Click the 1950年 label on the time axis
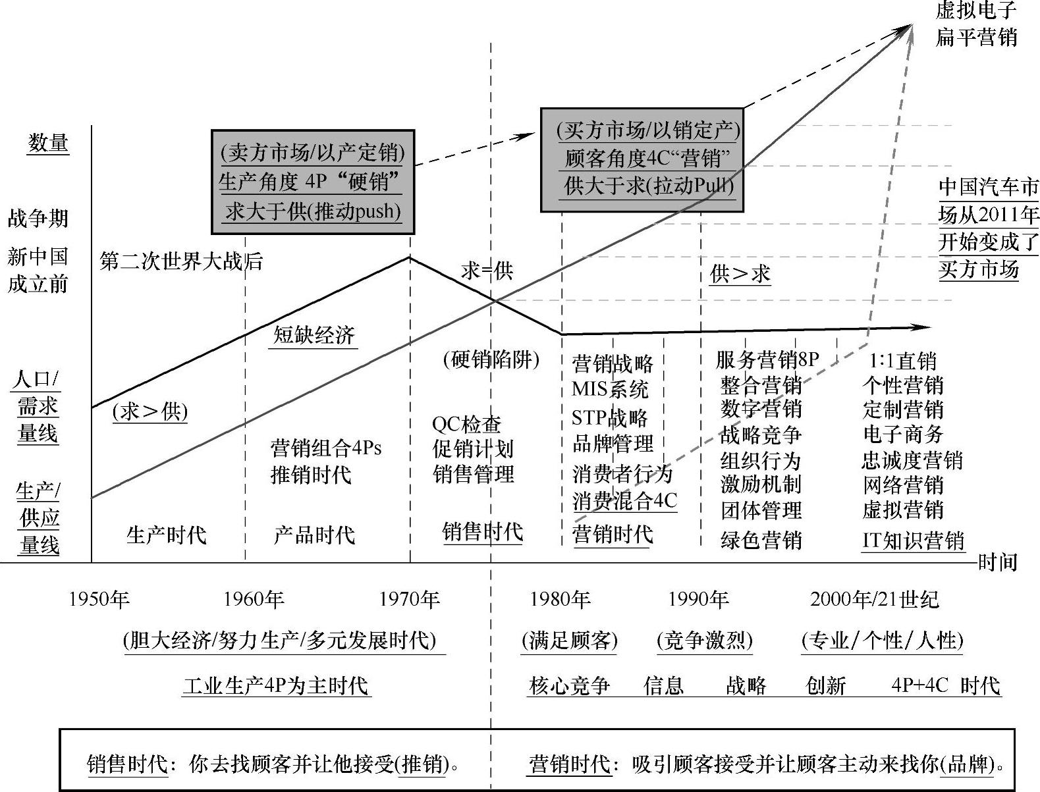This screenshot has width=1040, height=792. coord(99,599)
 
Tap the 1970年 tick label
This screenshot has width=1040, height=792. coord(409,599)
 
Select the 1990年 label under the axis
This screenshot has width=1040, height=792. coord(698,599)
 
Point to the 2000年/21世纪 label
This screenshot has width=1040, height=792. coord(874,599)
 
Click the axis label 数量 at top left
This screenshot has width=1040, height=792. coord(48,143)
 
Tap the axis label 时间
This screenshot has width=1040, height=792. coord(998,562)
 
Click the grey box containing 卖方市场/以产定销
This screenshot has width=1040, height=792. coord(313,182)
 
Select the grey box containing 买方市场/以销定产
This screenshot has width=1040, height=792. coord(642,160)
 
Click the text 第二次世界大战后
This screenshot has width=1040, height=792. coord(181,261)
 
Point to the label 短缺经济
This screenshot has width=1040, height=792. coord(314,335)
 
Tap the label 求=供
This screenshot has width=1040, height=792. coord(487,271)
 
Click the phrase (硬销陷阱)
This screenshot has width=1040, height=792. coord(491,359)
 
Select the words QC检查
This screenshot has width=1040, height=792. coord(466,424)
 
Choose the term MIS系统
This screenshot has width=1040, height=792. coord(610,389)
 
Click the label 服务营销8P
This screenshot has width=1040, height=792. coord(767,359)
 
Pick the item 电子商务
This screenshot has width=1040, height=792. coord(903,435)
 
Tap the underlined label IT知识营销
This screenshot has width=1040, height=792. coord(913,541)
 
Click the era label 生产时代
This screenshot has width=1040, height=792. coord(167,535)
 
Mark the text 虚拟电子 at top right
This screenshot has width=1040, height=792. coord(976,11)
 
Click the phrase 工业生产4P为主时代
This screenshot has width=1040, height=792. coord(276,686)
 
